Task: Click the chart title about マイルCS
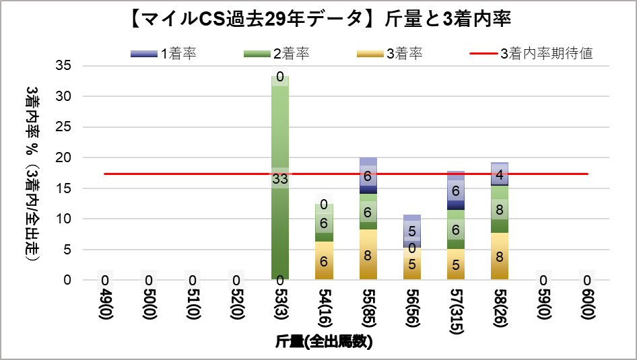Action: [318, 20]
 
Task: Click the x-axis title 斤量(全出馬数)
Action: [324, 342]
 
